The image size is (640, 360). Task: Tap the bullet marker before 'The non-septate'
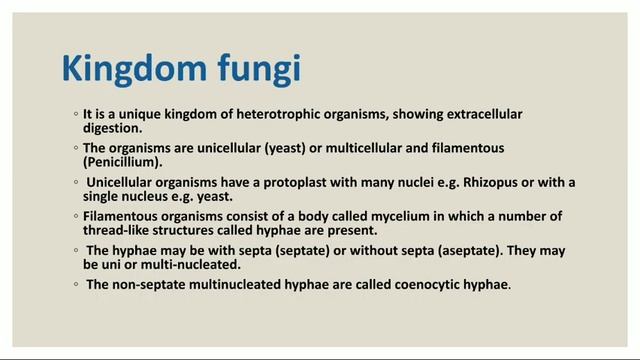[77, 285]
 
